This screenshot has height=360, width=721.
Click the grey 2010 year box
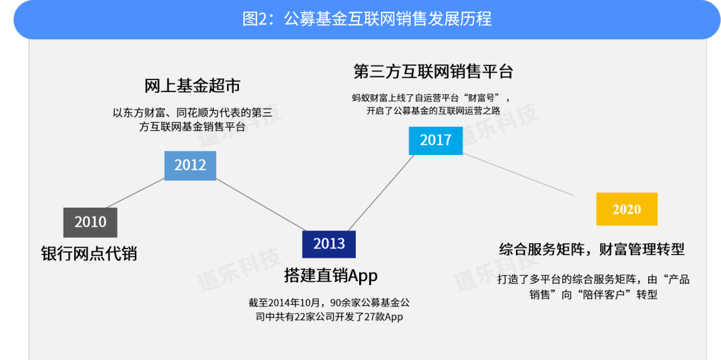[90, 222]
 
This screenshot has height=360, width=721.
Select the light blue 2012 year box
[190, 166]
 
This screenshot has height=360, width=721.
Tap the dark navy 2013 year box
[328, 244]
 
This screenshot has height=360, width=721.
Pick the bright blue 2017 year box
[435, 140]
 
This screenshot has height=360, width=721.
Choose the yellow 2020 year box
[627, 209]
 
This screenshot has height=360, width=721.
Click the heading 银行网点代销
[89, 254]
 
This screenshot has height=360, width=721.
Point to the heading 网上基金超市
[192, 85]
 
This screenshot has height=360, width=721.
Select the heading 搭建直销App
[330, 276]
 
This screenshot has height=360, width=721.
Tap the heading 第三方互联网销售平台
[433, 71]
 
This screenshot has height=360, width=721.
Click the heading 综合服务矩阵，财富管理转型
[591, 250]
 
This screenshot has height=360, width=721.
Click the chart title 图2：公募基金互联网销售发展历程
[367, 19]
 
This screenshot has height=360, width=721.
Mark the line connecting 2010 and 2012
[135, 193]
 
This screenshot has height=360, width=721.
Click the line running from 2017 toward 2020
[518, 174]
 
